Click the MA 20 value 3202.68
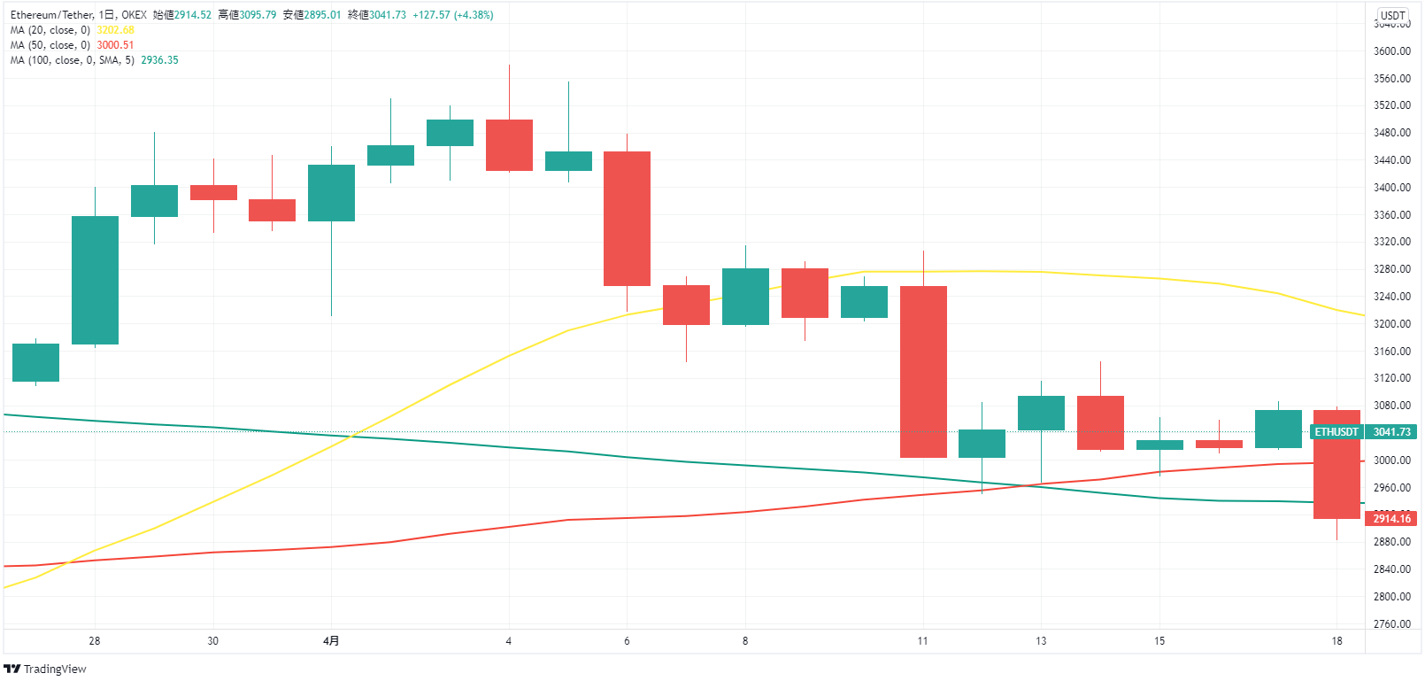click(115, 30)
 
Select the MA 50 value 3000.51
click(115, 45)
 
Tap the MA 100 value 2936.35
click(159, 60)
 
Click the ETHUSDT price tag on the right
click(1336, 432)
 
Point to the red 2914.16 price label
click(1391, 519)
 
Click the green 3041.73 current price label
click(1391, 432)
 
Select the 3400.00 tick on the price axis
click(1391, 188)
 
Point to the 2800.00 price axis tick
click(1391, 597)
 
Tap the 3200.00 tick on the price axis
click(1391, 324)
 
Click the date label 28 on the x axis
click(95, 641)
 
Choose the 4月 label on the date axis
click(331, 641)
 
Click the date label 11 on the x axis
click(922, 641)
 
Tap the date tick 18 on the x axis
click(1336, 641)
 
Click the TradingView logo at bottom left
click(45, 669)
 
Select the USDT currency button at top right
click(1392, 15)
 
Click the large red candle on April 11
click(923, 372)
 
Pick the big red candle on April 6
click(627, 219)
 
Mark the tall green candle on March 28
click(95, 280)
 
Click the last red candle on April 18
click(1336, 464)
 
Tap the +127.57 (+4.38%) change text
click(452, 15)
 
